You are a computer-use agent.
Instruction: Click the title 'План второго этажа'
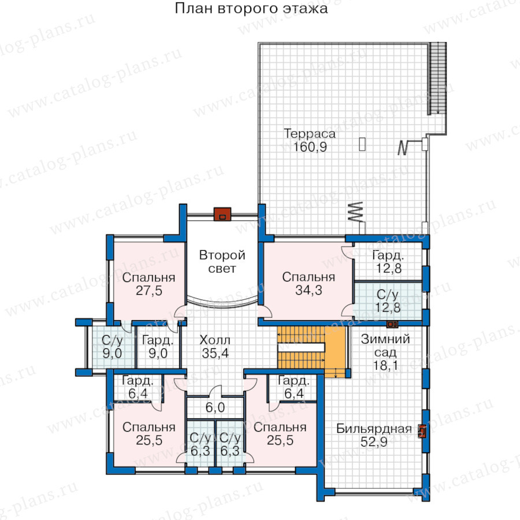pos(251,9)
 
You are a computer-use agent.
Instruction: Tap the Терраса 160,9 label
pos(310,140)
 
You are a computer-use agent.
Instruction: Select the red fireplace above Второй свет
pos(222,214)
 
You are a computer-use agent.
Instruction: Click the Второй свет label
pos(222,262)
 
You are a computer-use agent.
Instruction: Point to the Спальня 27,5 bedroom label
pos(148,284)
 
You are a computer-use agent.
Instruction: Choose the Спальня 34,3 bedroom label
pos(309,284)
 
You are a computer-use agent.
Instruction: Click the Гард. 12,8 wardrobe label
pos(388,262)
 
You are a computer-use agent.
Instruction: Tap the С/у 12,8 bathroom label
pos(388,301)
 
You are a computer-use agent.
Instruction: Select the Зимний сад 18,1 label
pos(385,352)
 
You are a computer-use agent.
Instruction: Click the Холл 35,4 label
pos(215,347)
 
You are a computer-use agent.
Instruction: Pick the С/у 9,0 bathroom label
pos(112,347)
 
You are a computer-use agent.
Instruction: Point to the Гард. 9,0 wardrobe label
pos(158,347)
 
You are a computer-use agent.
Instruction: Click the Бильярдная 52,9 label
pos(374,435)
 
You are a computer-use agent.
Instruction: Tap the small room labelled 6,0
pos(215,407)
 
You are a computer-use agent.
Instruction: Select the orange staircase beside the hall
pos(312,351)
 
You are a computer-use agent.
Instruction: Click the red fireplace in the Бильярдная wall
pos(422,431)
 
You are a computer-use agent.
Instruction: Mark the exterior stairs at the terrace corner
pos(438,79)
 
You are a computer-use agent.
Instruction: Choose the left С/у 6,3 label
pos(200,444)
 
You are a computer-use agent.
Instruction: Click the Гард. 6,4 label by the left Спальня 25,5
pos(138,387)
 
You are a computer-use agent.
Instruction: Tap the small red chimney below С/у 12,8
pos(392,324)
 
